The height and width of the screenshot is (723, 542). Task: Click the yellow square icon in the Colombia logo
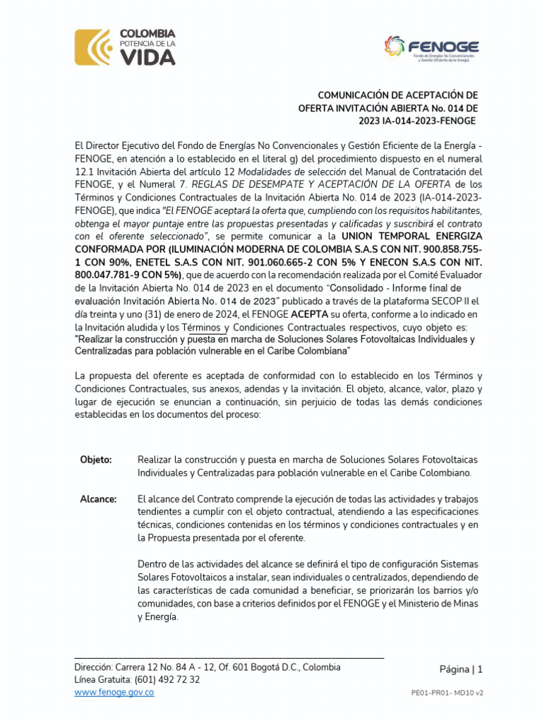[92, 47]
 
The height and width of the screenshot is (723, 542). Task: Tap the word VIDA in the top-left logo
[147, 57]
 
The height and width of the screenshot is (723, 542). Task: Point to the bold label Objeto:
[96, 460]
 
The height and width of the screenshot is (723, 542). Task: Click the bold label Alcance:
[98, 499]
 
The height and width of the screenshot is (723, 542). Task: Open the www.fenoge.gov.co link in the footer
[114, 693]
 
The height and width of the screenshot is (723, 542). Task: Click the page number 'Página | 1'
[461, 669]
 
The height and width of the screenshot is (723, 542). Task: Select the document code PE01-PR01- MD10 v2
[447, 694]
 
